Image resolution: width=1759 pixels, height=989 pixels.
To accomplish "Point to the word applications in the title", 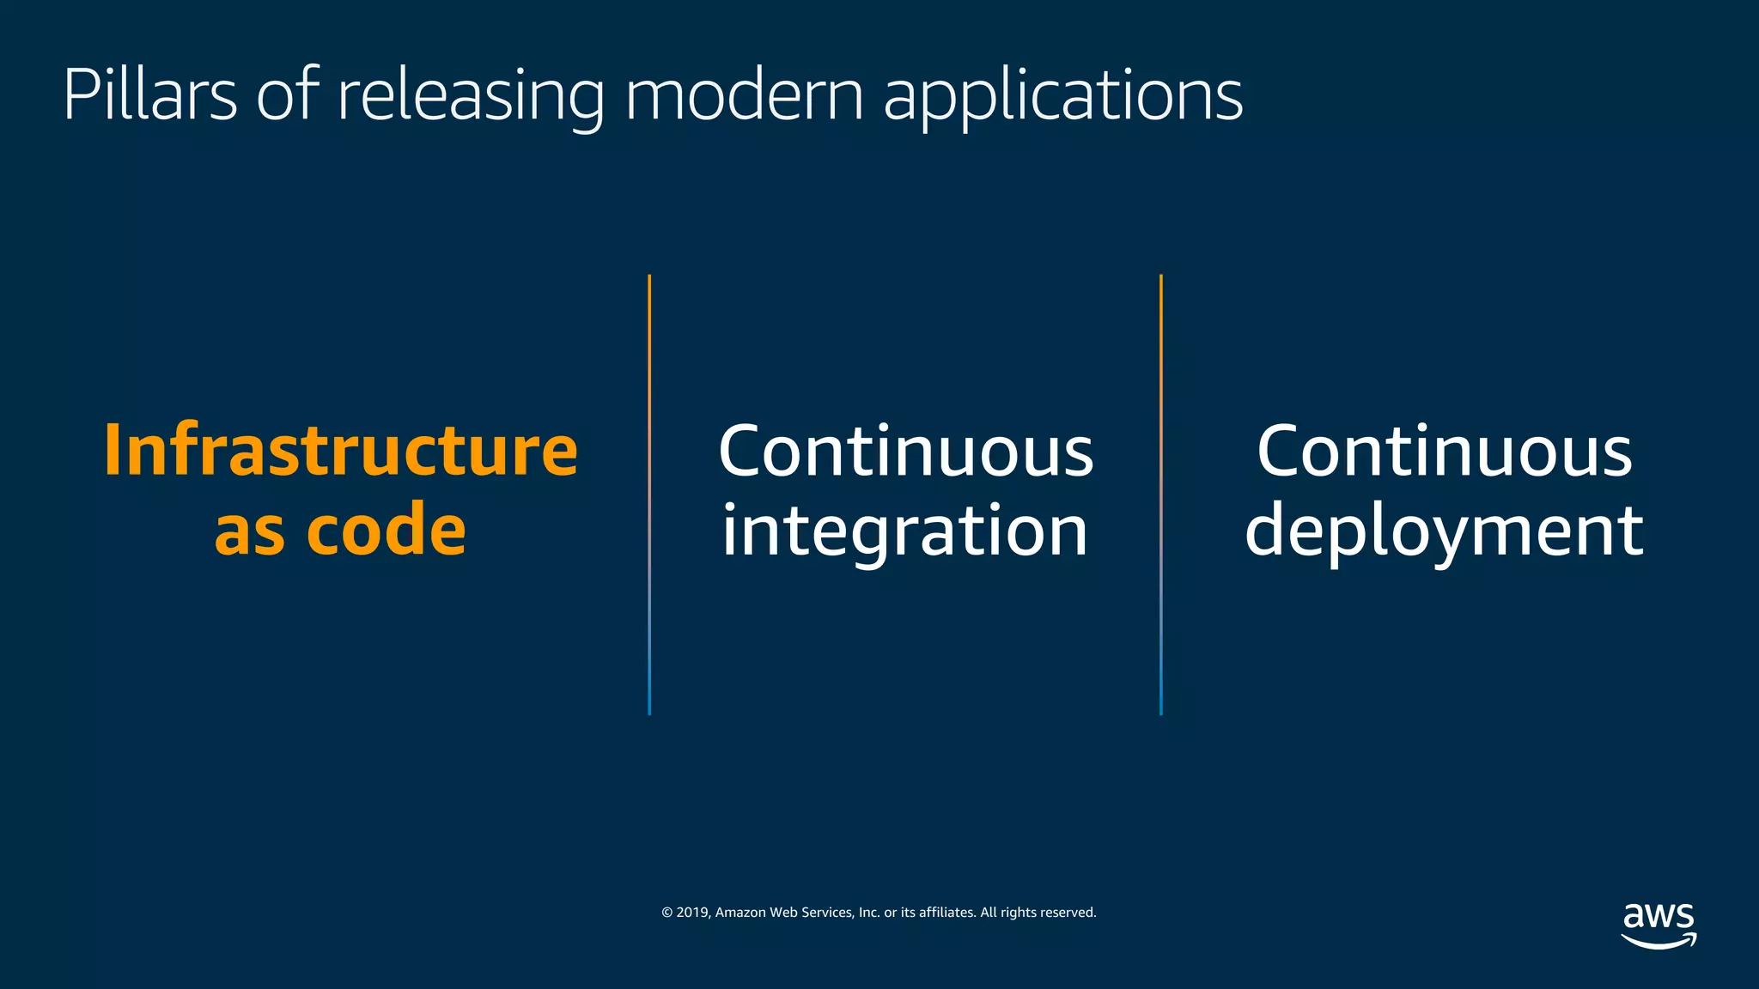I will pyautogui.click(x=1062, y=96).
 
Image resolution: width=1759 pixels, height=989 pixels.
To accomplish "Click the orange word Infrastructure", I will pyautogui.click(x=341, y=450).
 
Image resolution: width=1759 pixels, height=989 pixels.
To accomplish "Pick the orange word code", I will pyautogui.click(x=386, y=530).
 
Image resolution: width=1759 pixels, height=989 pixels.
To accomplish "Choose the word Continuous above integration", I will pyautogui.click(x=905, y=452).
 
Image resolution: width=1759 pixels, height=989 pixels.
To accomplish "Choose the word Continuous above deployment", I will pyautogui.click(x=1444, y=452).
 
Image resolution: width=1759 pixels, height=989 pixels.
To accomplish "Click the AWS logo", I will pyautogui.click(x=1659, y=925).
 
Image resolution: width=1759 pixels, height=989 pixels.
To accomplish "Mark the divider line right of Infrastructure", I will pyautogui.click(x=649, y=494).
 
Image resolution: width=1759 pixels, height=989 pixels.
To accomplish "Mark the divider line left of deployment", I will pyautogui.click(x=1161, y=494).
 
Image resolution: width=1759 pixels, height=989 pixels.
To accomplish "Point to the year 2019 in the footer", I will pyautogui.click(x=692, y=913).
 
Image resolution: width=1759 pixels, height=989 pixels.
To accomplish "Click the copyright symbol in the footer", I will pyautogui.click(x=666, y=913).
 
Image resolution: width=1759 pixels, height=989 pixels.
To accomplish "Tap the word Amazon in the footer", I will pyautogui.click(x=740, y=913).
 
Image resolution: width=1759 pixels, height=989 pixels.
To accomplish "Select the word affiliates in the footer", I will pyautogui.click(x=946, y=913).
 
